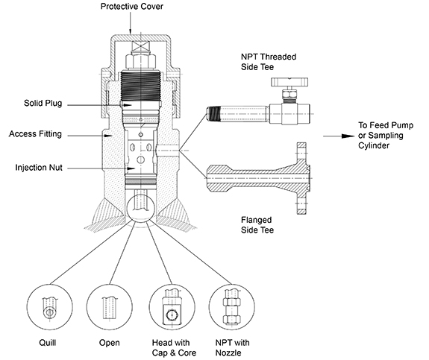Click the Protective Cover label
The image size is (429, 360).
pos(132,6)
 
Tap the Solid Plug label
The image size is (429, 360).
pos(43,103)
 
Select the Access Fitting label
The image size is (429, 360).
pos(35,134)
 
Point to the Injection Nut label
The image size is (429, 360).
pos(39,167)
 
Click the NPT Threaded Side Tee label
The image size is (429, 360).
pos(269,62)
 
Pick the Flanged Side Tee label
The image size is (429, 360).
pos(257,225)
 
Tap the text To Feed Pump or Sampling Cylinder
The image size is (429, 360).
pos(386,136)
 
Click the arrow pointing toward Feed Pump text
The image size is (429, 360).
pos(339,136)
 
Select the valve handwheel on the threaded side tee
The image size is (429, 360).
pos(289,81)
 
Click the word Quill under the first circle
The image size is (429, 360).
pos(48,343)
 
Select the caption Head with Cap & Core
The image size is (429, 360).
pos(174,347)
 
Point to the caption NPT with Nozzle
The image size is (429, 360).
pos(232,347)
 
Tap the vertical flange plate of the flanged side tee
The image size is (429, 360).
pos(302,178)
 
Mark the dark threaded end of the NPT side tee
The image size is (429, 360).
pos(213,114)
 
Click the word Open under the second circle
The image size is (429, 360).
pos(110,343)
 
